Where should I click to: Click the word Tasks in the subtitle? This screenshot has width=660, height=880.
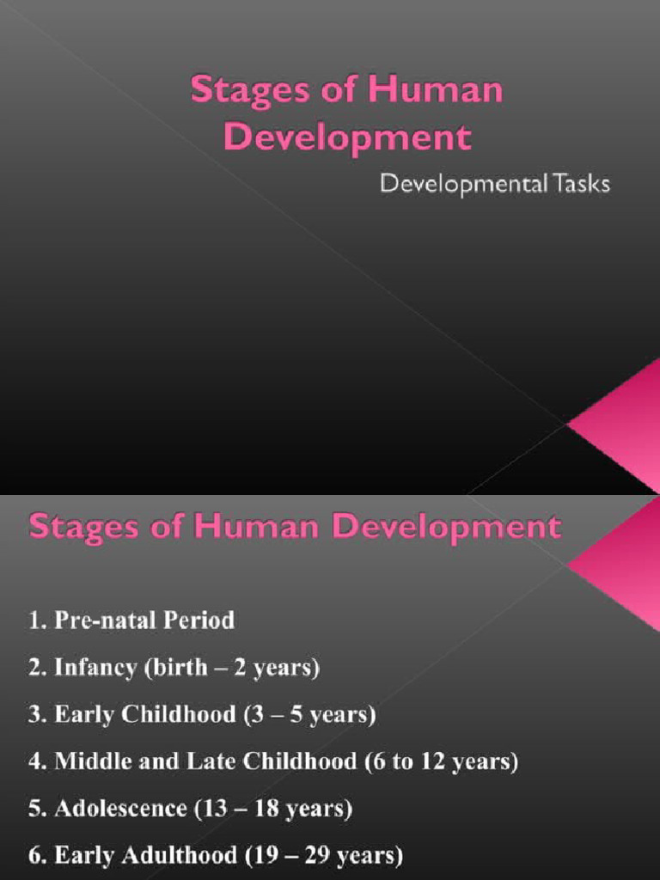click(x=580, y=185)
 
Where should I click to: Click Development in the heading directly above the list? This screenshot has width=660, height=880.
click(x=447, y=526)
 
